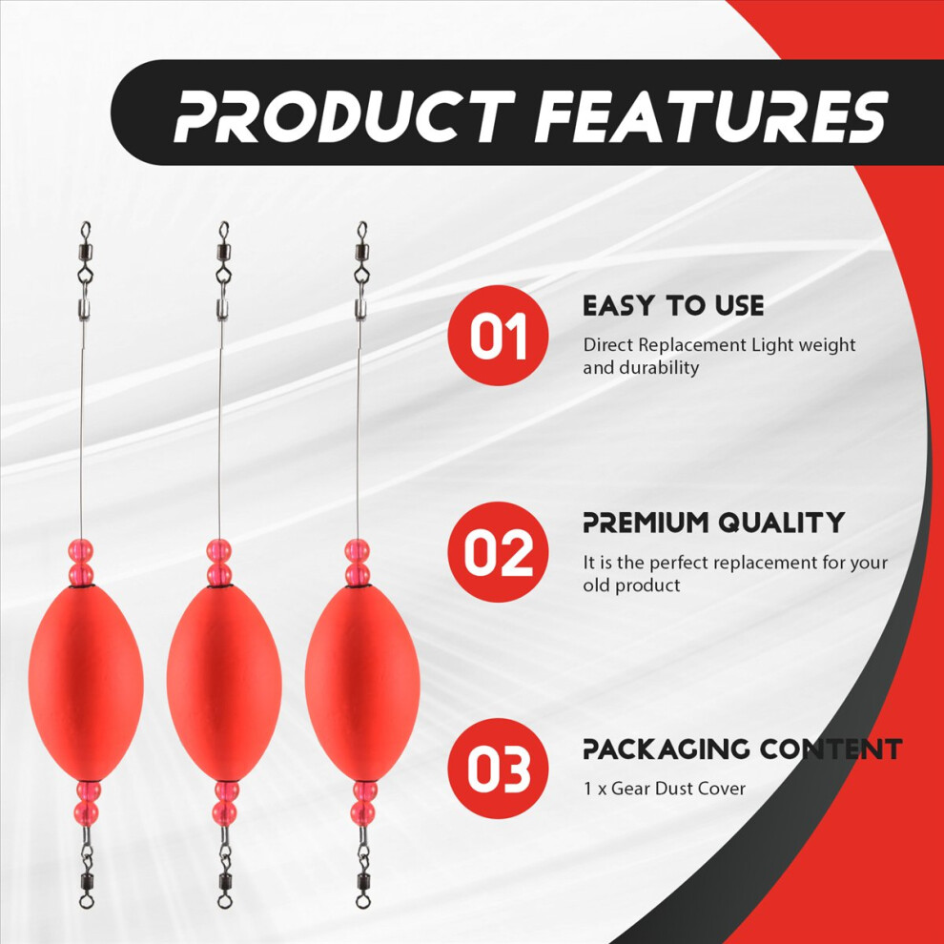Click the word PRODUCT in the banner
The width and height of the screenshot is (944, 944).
(345, 116)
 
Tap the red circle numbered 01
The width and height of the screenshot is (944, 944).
(499, 336)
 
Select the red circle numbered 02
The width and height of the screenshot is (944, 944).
(499, 552)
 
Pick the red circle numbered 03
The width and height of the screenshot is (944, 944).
(499, 769)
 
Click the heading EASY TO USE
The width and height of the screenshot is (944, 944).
(673, 306)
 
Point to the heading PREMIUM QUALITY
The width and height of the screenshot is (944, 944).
(713, 523)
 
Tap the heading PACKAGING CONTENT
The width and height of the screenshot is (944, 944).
(742, 749)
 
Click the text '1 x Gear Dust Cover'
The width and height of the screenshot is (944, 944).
(664, 788)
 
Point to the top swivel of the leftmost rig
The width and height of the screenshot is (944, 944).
(86, 256)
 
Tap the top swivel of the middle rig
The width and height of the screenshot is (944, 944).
(223, 256)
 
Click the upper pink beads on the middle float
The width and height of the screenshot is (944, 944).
(219, 563)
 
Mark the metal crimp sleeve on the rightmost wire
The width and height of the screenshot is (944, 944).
(360, 310)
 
